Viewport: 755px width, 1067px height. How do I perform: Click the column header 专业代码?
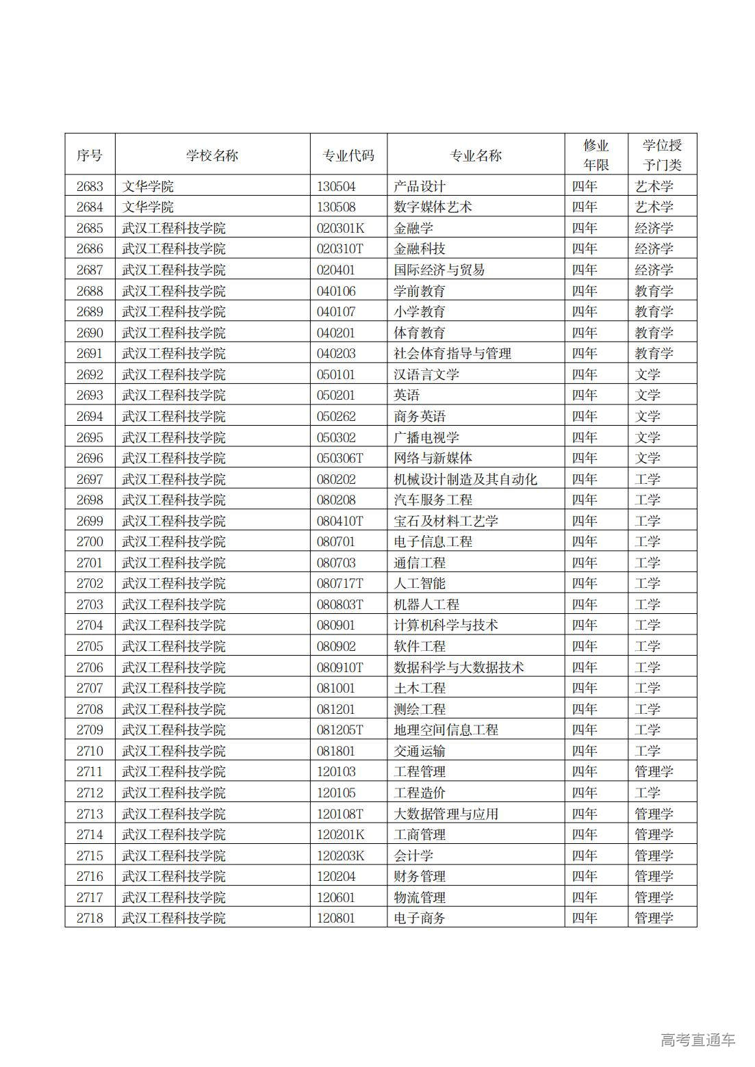[348, 155]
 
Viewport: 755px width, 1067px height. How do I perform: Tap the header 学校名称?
[212, 155]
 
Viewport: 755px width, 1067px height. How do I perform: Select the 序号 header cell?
[90, 155]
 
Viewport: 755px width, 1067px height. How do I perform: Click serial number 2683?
[90, 186]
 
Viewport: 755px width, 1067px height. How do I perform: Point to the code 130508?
[336, 207]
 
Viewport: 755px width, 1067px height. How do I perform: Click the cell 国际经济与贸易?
[439, 270]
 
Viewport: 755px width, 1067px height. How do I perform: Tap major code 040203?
[336, 353]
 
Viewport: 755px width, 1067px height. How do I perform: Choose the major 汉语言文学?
[426, 374]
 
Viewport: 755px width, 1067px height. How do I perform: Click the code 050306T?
[340, 458]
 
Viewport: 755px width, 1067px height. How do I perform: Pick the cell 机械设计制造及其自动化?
[465, 479]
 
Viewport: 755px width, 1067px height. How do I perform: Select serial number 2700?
[90, 541]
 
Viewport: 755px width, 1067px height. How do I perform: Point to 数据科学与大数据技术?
[459, 667]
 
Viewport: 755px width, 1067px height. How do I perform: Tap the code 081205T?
[340, 730]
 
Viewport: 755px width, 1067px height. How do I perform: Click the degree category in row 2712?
[647, 793]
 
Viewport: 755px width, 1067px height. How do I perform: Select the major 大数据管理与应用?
[446, 814]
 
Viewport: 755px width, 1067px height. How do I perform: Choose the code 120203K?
[341, 856]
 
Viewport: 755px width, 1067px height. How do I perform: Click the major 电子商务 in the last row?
[420, 918]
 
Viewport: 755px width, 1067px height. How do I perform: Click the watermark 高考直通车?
[698, 1040]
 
